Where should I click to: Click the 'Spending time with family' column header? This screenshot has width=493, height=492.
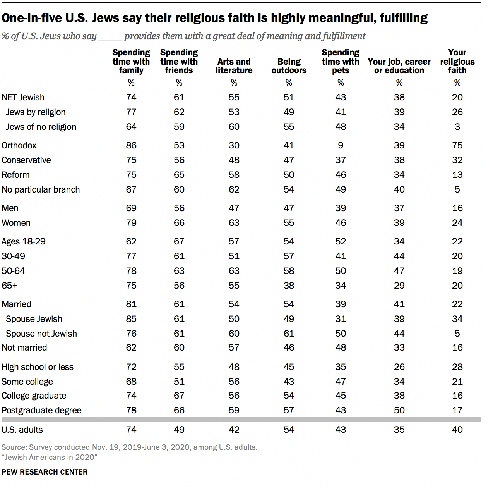coord(131,61)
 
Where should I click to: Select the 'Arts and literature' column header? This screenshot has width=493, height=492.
coord(234,66)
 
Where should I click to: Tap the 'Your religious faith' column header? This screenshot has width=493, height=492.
coord(457,61)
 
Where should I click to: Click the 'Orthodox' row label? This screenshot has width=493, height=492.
coord(19,145)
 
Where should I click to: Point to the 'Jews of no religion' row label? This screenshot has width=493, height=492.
coord(41,127)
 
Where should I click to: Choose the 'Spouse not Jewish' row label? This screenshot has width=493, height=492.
coord(41,334)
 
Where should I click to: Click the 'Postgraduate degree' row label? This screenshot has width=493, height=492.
coord(41,410)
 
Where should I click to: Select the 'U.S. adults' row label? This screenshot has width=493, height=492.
coord(22,430)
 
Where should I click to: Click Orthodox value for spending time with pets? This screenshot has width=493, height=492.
coord(341,145)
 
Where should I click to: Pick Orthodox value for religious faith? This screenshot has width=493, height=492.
coord(457,145)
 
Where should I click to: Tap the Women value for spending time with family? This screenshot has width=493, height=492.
coord(131,223)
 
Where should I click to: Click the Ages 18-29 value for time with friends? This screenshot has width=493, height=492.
coord(179,241)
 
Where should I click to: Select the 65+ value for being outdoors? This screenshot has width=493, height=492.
coord(289,286)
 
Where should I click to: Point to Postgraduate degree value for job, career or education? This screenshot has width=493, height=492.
coord(399,410)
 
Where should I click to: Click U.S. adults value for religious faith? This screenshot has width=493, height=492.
coord(457,430)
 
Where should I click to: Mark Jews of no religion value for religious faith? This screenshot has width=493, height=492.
coord(457,127)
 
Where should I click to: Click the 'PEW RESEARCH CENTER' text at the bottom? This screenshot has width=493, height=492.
coord(45,472)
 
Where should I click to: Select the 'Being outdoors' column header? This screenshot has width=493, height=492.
coord(289,66)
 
